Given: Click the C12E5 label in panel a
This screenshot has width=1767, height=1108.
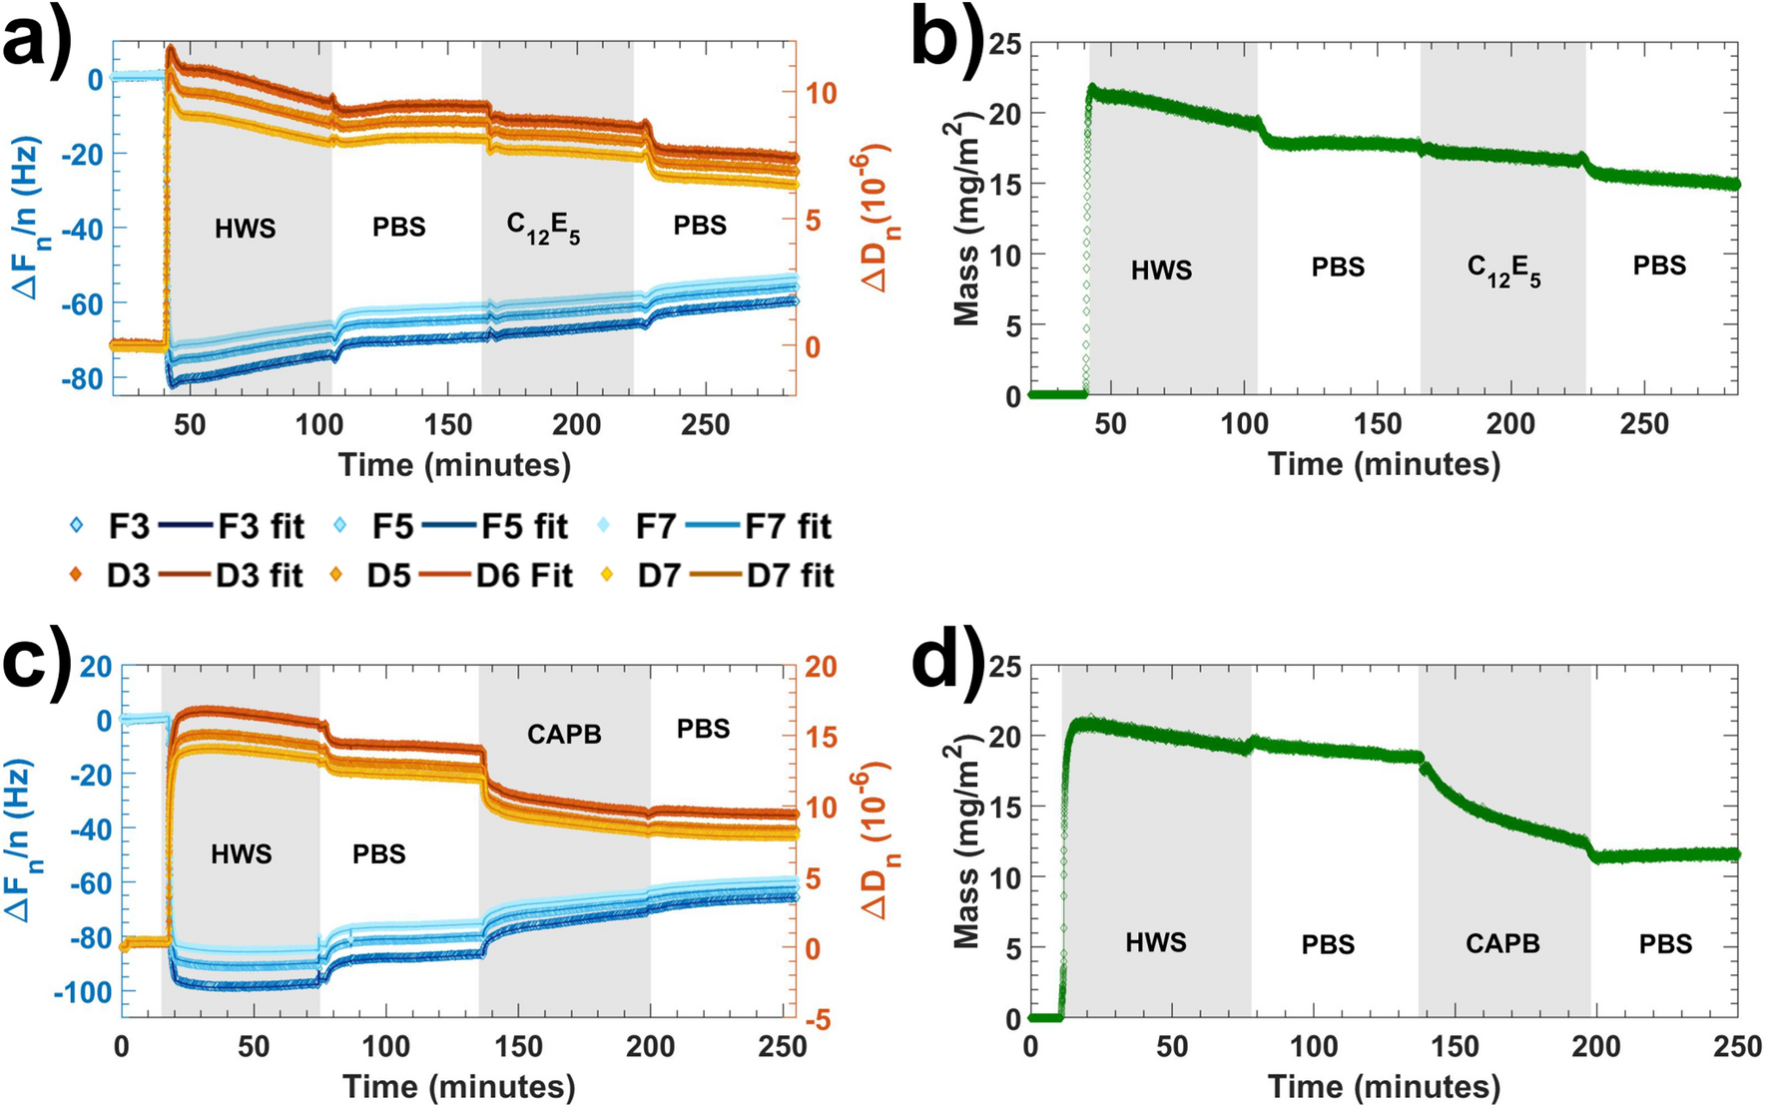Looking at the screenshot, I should coord(542,229).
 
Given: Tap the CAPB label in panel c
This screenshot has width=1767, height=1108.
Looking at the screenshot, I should coord(564,735).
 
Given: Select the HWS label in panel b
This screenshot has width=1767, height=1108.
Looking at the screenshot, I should coord(1161,271).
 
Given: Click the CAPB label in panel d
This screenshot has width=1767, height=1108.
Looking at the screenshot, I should coord(1502,943).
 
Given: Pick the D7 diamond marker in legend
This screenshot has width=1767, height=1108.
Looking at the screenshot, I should coord(606,576).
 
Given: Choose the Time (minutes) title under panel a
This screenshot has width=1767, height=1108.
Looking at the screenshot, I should coord(454,464).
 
